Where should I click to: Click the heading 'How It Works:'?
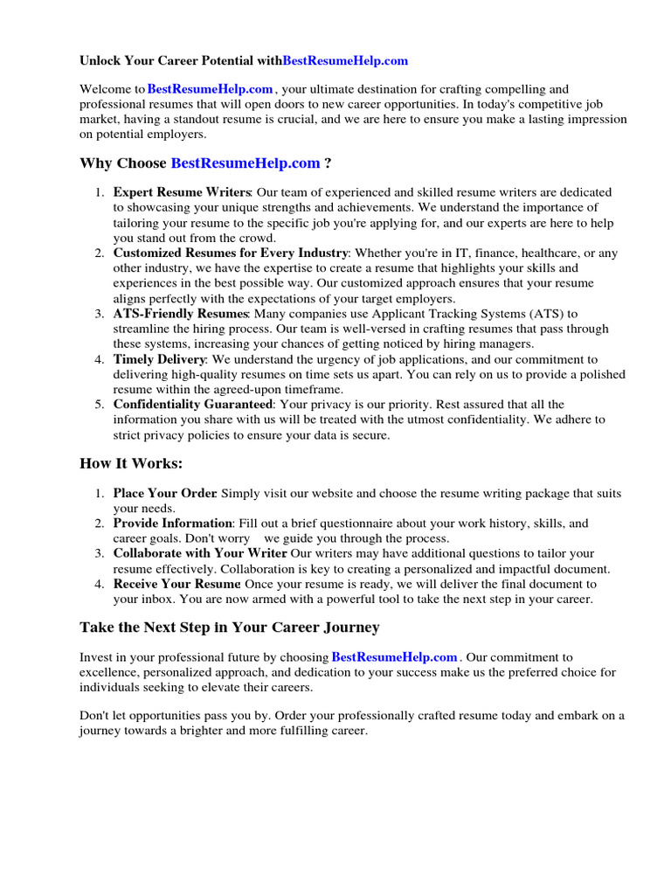(x=131, y=463)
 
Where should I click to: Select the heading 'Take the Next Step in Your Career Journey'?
(x=229, y=628)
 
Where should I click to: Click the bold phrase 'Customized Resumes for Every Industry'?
(x=231, y=253)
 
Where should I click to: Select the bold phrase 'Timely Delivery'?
(x=159, y=359)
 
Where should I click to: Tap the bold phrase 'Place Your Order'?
(x=164, y=494)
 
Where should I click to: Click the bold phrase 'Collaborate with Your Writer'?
(x=199, y=553)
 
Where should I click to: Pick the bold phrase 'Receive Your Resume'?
(x=176, y=584)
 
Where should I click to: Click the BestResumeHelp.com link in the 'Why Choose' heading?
(x=246, y=163)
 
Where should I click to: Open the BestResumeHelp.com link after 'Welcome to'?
(x=211, y=89)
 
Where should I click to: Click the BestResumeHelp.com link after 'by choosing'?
(x=395, y=657)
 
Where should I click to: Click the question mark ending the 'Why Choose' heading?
(x=328, y=163)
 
